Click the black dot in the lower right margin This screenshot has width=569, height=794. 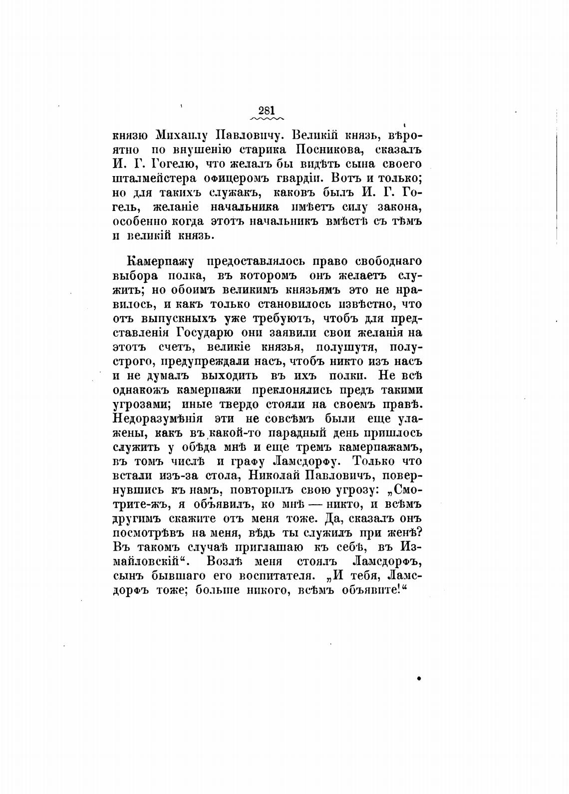419,678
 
